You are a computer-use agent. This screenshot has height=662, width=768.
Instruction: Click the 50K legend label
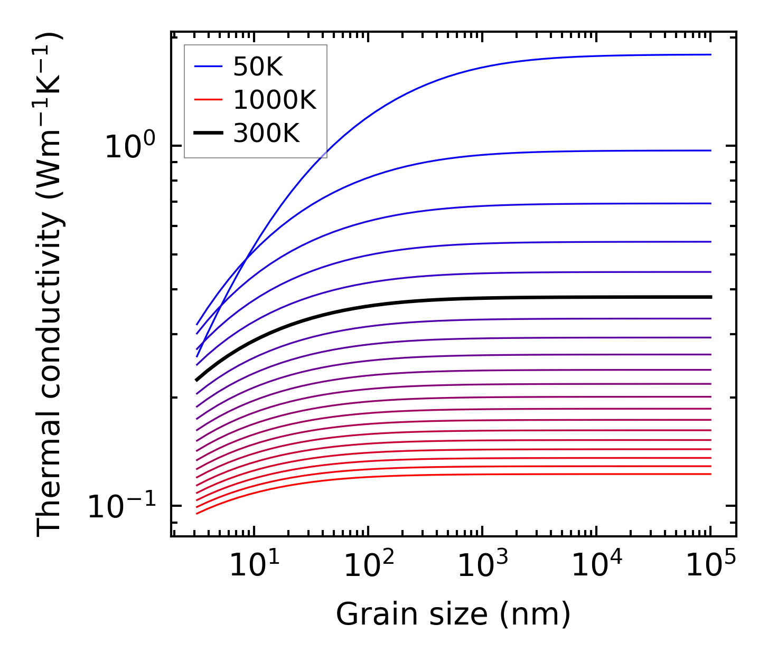click(258, 67)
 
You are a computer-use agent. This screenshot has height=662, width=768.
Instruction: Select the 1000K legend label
click(275, 100)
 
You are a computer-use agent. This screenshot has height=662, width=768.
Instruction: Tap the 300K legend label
click(266, 133)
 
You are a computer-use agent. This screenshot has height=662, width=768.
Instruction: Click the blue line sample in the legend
click(209, 67)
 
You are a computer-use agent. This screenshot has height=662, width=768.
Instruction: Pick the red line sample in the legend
click(209, 100)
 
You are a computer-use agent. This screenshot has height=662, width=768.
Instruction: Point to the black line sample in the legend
click(209, 133)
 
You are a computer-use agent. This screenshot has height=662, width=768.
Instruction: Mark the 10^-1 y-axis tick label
click(121, 507)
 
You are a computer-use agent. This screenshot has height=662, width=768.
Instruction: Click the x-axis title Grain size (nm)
click(453, 615)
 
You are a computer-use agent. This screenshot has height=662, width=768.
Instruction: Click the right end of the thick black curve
click(711, 297)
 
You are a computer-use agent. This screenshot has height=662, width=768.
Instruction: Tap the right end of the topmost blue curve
click(711, 54)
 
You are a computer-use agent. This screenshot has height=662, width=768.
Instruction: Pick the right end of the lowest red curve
click(711, 474)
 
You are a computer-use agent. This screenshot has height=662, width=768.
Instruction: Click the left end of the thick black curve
click(196, 380)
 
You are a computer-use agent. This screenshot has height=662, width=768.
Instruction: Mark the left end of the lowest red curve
click(196, 513)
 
